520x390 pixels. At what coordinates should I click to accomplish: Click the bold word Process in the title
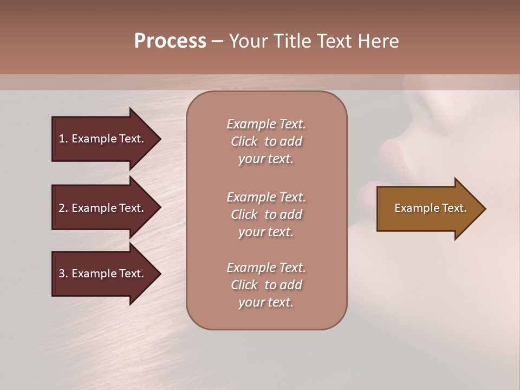click(x=170, y=41)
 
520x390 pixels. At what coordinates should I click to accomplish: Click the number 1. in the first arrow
click(x=63, y=139)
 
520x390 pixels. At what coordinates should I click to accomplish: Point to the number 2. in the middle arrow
click(x=63, y=208)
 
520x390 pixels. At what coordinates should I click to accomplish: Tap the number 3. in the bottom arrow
click(x=63, y=274)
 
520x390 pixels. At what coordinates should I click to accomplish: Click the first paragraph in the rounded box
click(x=266, y=141)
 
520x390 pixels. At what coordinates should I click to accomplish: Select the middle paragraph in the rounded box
click(x=266, y=214)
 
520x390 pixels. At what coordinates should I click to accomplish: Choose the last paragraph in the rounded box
click(x=266, y=285)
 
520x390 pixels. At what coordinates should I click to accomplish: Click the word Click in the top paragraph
click(x=244, y=141)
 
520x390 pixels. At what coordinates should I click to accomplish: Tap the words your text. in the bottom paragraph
click(x=266, y=302)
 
